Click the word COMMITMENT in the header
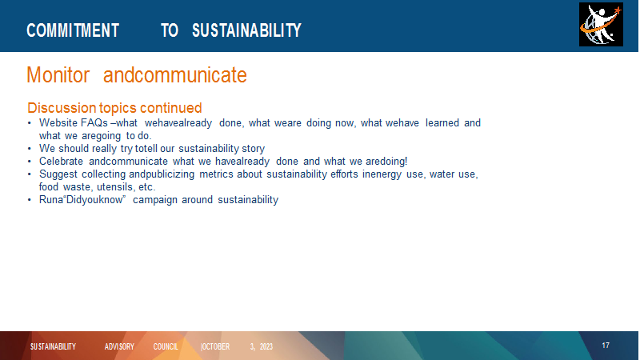[x=73, y=30]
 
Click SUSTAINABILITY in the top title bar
[x=246, y=30]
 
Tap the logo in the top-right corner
[x=601, y=25]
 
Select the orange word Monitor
[x=58, y=75]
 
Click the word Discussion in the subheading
[x=62, y=108]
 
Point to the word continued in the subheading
[x=170, y=108]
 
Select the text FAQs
[x=94, y=123]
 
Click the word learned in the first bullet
[x=442, y=123]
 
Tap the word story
[x=254, y=149]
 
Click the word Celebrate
[x=61, y=162]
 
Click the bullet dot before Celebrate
[x=30, y=162]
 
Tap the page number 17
[x=606, y=346]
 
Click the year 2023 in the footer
[x=266, y=346]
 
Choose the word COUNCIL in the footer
[x=166, y=346]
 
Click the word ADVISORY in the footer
[x=119, y=346]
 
